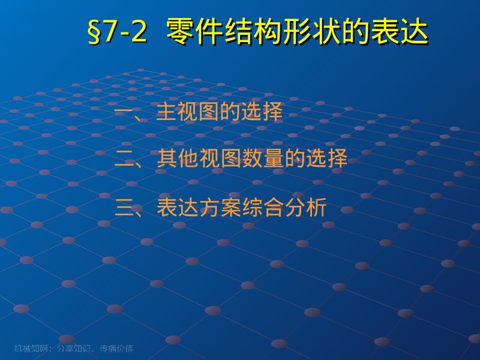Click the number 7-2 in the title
[125, 32]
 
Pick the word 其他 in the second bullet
[176, 159]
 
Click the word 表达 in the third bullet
[176, 208]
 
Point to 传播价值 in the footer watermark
[116, 348]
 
